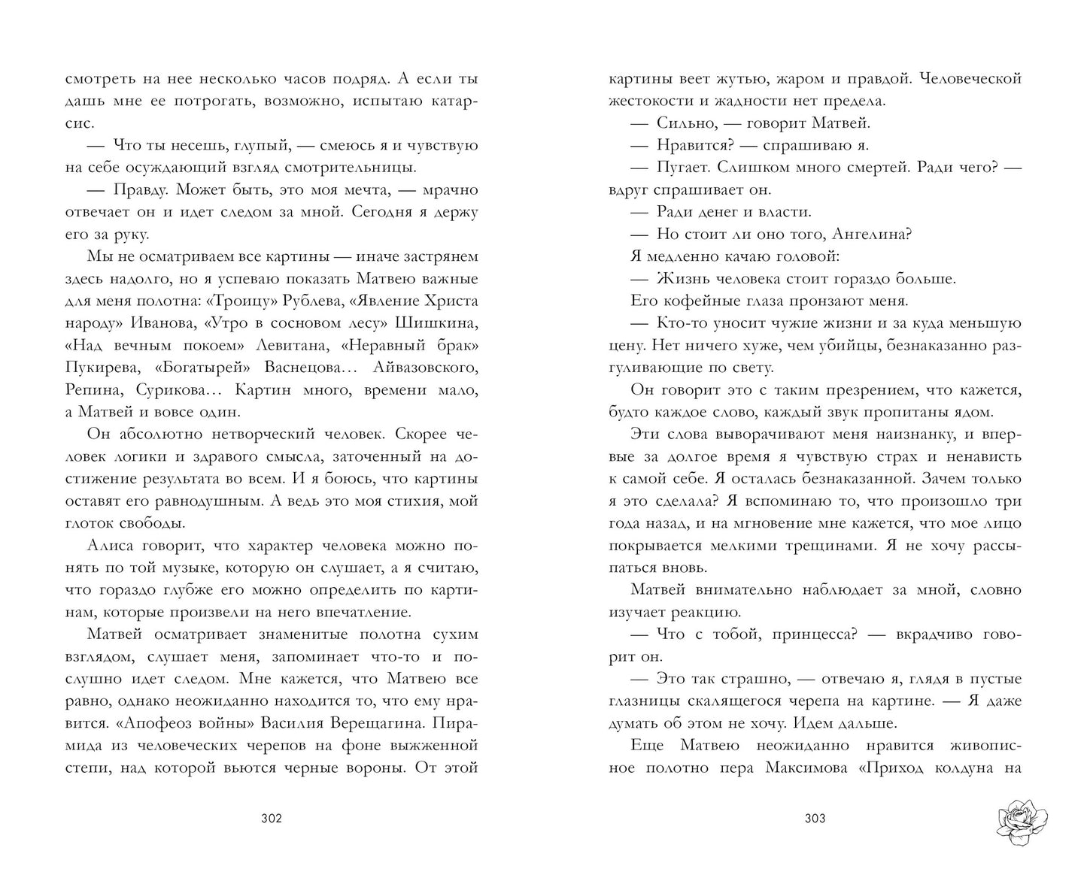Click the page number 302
tap(271, 819)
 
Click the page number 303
tap(815, 819)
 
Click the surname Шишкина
tap(442, 323)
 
